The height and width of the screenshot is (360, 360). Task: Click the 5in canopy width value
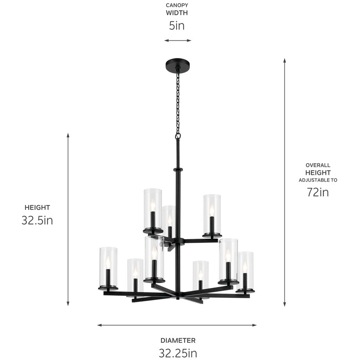pyautogui.click(x=177, y=26)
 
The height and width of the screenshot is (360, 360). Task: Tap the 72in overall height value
pyautogui.click(x=318, y=192)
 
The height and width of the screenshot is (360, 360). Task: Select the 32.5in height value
pyautogui.click(x=37, y=220)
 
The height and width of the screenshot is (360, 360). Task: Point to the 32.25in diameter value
pyautogui.click(x=178, y=353)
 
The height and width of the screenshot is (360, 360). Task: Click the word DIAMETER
pyautogui.click(x=178, y=340)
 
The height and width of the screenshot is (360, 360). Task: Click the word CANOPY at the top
pyautogui.click(x=177, y=5)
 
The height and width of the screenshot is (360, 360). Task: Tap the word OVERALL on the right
pyautogui.click(x=318, y=165)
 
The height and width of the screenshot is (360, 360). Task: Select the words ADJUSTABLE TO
pyautogui.click(x=318, y=180)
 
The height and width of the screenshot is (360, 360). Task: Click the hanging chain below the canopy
pyautogui.click(x=178, y=102)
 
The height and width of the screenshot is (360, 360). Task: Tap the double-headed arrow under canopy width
pyautogui.click(x=178, y=40)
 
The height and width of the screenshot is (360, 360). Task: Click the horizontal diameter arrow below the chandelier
pyautogui.click(x=177, y=325)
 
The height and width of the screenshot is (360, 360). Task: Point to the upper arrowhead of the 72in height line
pyautogui.click(x=284, y=61)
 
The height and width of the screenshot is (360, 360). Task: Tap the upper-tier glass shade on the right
pyautogui.click(x=212, y=214)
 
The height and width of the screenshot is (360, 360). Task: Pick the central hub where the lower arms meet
pyautogui.click(x=178, y=294)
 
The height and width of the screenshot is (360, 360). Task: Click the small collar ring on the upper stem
pyautogui.click(x=178, y=169)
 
